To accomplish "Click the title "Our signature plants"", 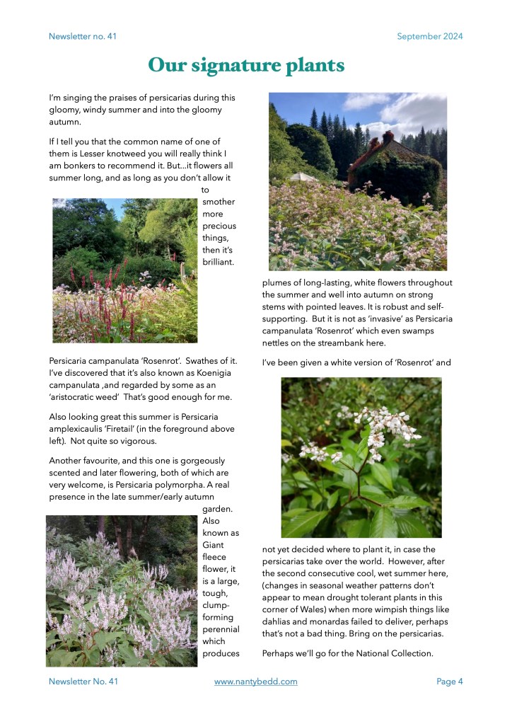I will pos(246,66).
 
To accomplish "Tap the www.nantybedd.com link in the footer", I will pos(255,682).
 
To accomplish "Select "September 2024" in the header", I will pos(429,36).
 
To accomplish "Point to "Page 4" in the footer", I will pos(449,682).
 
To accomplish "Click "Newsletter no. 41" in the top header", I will pos(83,36).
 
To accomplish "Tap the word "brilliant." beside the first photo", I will pos(218,263).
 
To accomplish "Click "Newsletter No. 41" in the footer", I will pos(83,682).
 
